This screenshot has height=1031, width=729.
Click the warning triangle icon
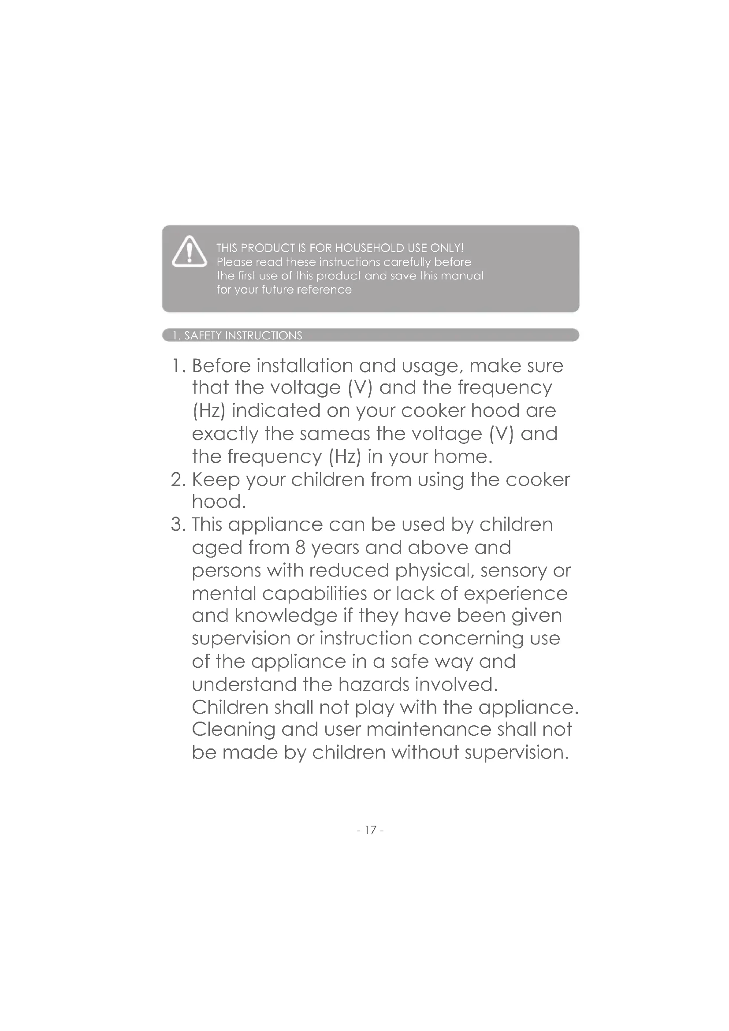click(190, 252)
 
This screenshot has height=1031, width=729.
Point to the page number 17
click(370, 830)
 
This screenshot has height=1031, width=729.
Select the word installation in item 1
click(305, 366)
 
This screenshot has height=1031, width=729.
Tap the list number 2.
click(178, 480)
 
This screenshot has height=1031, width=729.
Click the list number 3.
click(178, 525)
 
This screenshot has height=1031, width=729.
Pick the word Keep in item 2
click(216, 480)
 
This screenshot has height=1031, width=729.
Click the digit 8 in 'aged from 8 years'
click(300, 548)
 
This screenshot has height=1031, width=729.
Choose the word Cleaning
click(233, 730)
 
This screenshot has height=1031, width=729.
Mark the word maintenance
click(429, 729)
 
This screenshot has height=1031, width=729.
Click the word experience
click(515, 594)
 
